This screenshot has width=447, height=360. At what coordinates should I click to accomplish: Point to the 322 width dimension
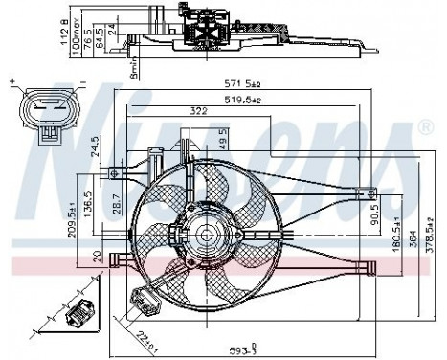click(x=198, y=112)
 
